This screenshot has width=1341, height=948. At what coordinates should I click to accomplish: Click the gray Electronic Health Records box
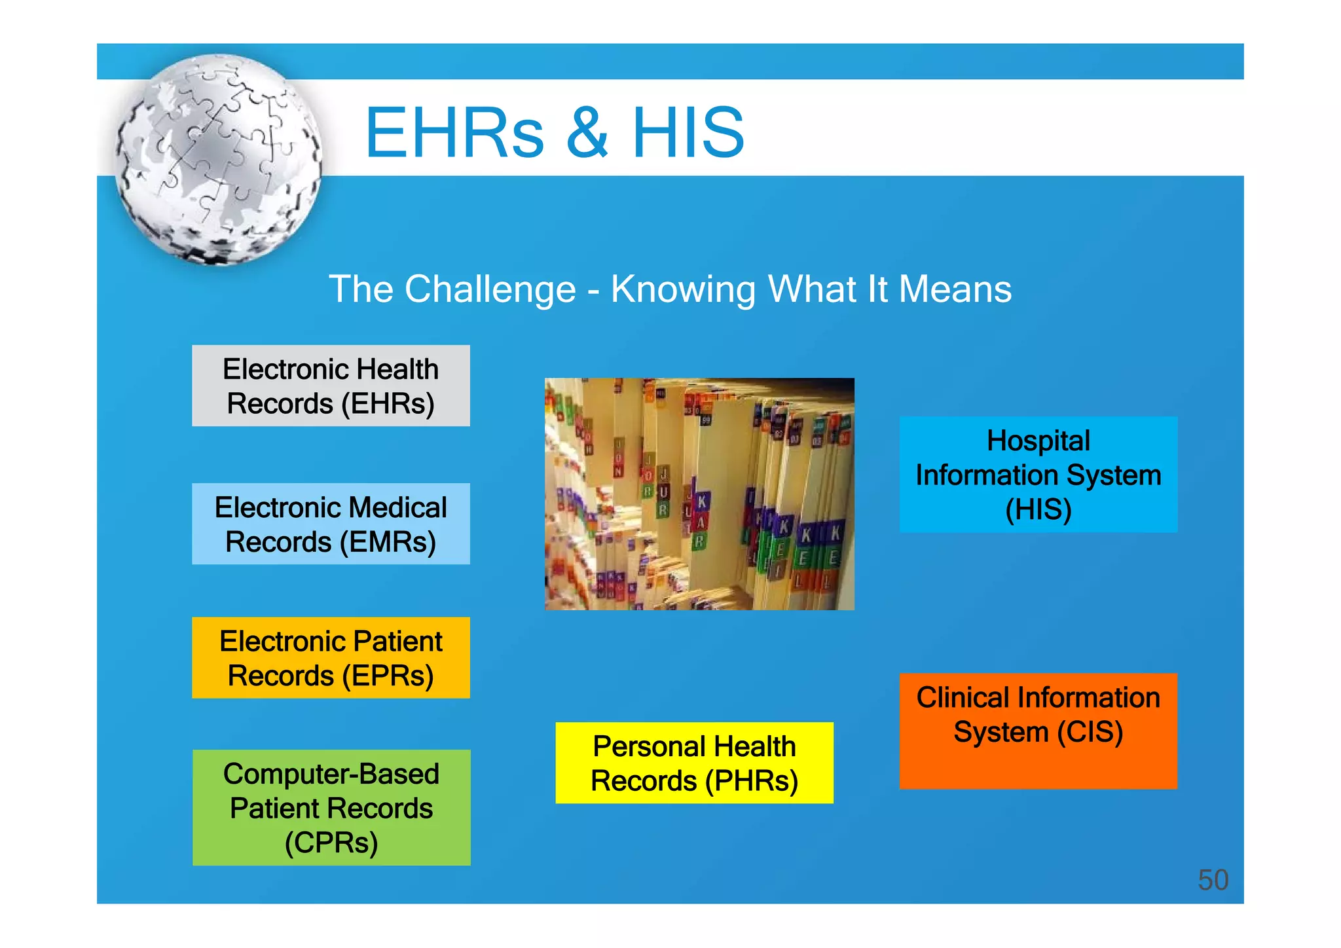pos(331,386)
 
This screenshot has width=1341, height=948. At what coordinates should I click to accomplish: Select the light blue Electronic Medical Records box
pos(331,524)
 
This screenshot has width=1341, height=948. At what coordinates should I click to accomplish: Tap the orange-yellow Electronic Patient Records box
pos(331,657)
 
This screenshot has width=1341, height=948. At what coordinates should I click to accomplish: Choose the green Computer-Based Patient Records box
pos(331,807)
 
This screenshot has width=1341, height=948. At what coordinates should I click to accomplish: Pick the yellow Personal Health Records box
pos(694,763)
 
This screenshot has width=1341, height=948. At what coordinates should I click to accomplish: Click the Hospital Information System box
pos(1038,474)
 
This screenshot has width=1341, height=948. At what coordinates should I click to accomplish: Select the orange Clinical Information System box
pos(1038,731)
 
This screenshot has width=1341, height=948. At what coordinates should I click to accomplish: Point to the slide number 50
pos(1213,879)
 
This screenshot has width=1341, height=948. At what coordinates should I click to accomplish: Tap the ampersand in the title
pos(587,133)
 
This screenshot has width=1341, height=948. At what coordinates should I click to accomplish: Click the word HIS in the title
pos(688,133)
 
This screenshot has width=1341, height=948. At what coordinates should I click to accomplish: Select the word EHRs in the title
pos(454,133)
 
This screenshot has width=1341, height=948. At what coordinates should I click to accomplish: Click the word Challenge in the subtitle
pos(490,289)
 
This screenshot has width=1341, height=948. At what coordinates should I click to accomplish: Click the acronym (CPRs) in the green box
pos(331,842)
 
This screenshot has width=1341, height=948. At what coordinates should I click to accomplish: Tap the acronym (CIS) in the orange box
pos(1090,731)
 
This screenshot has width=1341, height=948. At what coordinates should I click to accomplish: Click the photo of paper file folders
pos(699,494)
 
